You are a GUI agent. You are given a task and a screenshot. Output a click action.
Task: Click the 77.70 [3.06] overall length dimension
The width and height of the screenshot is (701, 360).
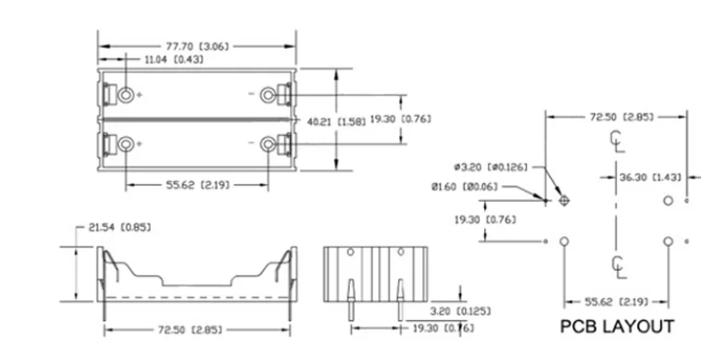pyautogui.click(x=197, y=46)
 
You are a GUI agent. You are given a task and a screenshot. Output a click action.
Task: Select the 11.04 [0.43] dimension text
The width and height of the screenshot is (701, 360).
pyautogui.click(x=173, y=59)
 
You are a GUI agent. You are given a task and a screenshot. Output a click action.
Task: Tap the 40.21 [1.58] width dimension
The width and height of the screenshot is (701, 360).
pyautogui.click(x=336, y=121)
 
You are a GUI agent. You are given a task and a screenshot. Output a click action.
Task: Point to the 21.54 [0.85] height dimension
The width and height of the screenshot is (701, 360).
pyautogui.click(x=119, y=228)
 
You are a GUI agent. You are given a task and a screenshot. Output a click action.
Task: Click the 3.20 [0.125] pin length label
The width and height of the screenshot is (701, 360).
pyautogui.click(x=460, y=311)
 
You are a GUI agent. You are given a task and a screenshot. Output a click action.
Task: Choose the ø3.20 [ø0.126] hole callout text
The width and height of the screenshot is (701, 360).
pyautogui.click(x=491, y=168)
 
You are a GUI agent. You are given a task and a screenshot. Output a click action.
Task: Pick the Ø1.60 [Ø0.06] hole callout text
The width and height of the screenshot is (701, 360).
pyautogui.click(x=465, y=187)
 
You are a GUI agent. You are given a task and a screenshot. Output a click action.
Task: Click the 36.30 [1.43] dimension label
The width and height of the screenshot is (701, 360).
pyautogui.click(x=650, y=178)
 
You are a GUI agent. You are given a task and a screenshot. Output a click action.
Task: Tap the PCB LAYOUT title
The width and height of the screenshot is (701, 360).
pyautogui.click(x=617, y=327)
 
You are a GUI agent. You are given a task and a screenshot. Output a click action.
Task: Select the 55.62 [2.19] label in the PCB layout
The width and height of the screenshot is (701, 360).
pyautogui.click(x=617, y=302)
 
